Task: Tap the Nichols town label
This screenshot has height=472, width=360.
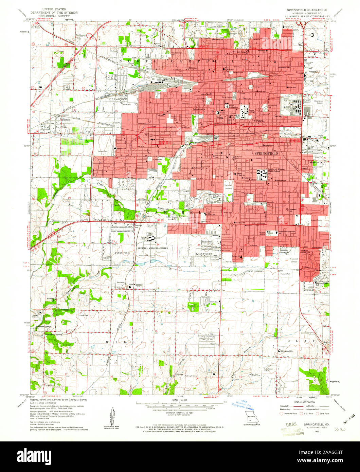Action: click(66, 120)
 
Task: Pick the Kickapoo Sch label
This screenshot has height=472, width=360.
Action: click(287, 350)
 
